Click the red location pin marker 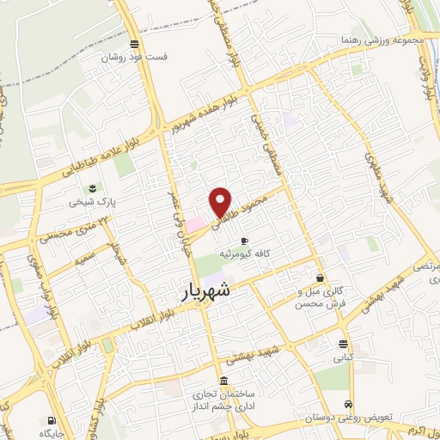[x=221, y=201]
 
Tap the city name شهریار [x=218, y=291]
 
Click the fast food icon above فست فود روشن [x=133, y=44]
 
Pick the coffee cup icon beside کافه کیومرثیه [x=245, y=240]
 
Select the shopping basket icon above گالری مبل [x=320, y=278]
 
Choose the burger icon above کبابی [x=344, y=345]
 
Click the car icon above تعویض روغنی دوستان [x=346, y=404]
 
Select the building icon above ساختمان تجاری [x=223, y=381]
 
